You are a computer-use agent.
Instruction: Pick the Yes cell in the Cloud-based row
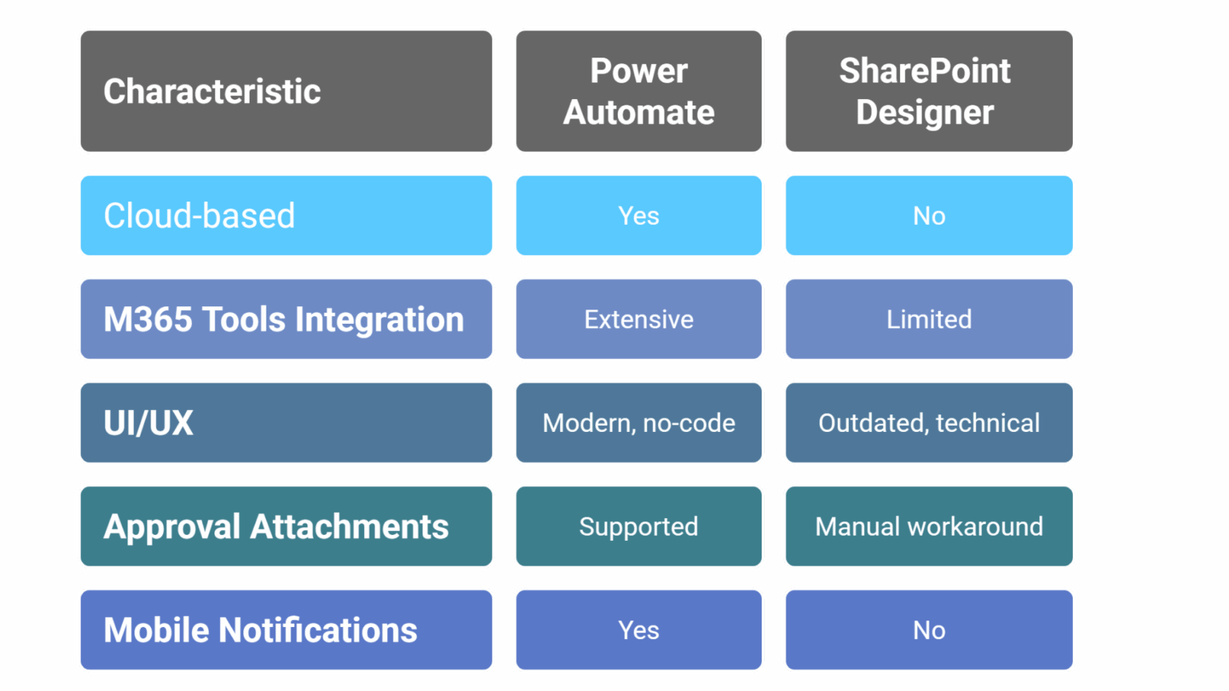pos(639,216)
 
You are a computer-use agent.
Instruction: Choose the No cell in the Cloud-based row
pos(929,216)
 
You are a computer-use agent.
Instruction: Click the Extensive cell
pos(639,319)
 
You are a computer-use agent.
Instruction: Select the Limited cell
pos(929,319)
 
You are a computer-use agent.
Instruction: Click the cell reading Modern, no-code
pos(639,422)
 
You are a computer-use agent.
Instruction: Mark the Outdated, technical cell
pos(929,422)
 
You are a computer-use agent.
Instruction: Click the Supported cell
pos(639,526)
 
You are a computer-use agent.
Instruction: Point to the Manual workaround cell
pos(929,526)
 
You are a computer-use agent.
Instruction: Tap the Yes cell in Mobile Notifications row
pos(639,630)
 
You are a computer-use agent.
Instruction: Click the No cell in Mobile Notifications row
pos(929,630)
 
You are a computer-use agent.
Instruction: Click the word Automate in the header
pos(639,113)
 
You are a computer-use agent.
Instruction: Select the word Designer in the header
pos(925,113)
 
